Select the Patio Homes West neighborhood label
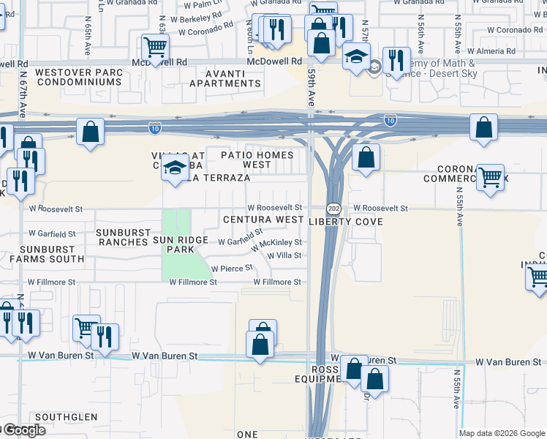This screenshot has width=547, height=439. click(x=257, y=160)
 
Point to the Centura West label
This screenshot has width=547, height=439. click(x=263, y=219)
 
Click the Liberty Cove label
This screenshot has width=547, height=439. click(x=347, y=221)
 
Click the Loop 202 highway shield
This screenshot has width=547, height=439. click(x=333, y=209)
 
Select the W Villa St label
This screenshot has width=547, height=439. click(x=284, y=255)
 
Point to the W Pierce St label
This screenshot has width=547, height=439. click(x=233, y=269)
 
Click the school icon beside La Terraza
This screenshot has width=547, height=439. click(x=175, y=170)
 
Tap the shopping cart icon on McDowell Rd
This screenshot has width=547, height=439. click(x=155, y=46)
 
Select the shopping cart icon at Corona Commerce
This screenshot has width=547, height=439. click(x=489, y=176)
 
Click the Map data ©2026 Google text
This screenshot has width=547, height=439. click(x=501, y=433)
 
